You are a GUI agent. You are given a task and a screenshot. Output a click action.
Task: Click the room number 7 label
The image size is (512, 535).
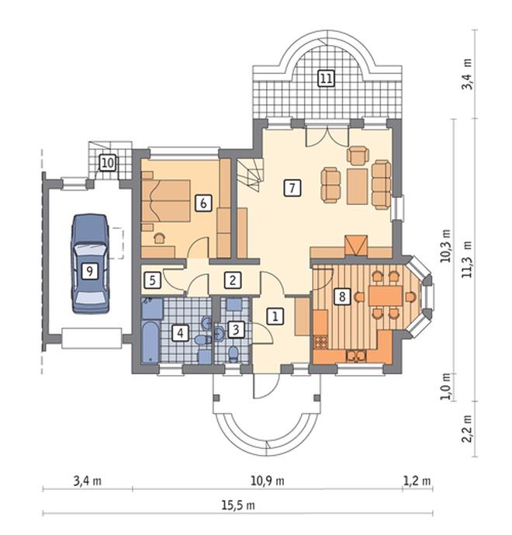tap(292, 188)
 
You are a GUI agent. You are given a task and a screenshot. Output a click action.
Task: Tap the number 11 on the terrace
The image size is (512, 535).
tap(326, 78)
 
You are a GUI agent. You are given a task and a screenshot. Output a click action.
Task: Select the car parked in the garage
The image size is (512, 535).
tap(90, 263)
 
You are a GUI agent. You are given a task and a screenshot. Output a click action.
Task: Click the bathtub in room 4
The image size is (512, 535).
tap(150, 342)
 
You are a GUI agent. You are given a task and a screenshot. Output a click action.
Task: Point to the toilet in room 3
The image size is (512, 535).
tap(234, 354)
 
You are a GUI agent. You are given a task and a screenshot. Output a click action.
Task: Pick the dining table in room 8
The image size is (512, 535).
tap(386, 296)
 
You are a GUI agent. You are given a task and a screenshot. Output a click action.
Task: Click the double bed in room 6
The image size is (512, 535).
tap(166, 200)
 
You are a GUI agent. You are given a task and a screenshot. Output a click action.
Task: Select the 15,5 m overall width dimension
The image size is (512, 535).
tap(238, 505)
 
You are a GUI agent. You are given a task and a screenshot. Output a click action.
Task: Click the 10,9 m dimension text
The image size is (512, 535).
tap(268, 481)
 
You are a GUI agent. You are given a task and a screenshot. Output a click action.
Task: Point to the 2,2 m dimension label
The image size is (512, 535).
tap(467, 429)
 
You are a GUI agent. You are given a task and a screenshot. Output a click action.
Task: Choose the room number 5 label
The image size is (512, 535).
tap(152, 280)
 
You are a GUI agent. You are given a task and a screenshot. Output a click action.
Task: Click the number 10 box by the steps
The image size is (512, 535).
tap(108, 162)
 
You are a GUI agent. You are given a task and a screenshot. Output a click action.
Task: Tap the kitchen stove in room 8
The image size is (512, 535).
tap(320, 342)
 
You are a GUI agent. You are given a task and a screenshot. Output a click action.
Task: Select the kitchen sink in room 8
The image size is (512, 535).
tap(356, 356)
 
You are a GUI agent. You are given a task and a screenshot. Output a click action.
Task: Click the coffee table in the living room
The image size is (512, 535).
tap(357, 186)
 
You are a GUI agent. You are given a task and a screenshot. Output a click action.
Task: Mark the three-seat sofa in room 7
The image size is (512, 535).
tap(382, 185)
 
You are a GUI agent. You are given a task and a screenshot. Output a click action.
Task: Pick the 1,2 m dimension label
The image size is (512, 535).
tap(417, 481)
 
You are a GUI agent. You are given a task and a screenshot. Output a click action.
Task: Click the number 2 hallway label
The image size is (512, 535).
tap(233, 280)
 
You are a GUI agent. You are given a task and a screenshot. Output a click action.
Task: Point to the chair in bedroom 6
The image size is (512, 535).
tap(159, 238)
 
